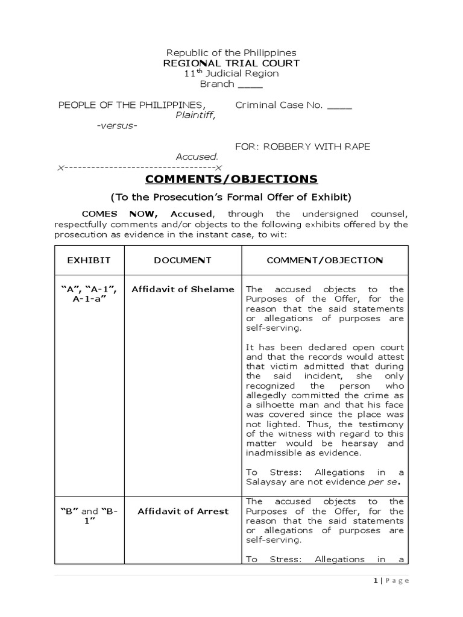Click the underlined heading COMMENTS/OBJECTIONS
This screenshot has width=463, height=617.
[x=231, y=179]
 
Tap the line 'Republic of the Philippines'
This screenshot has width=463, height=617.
[x=231, y=53]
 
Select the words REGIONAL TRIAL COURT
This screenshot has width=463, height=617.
[x=231, y=63]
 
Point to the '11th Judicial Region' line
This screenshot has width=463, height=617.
[x=231, y=74]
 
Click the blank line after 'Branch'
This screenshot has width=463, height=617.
[x=250, y=84]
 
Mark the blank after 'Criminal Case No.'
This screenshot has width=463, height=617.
[x=339, y=105]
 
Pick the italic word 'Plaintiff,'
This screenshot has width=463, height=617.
[x=195, y=115]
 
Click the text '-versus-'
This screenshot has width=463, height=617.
[x=117, y=125]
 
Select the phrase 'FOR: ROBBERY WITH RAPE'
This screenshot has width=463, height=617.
[x=303, y=146]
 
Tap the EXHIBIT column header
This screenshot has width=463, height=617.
[x=89, y=260]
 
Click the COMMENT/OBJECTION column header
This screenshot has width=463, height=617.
[x=324, y=260]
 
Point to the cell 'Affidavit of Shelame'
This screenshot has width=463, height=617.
[x=183, y=289]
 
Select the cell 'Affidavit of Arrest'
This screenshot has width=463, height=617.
[x=183, y=512]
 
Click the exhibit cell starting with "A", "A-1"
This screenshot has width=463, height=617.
[x=89, y=294]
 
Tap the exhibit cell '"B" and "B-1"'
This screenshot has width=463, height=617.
[x=89, y=516]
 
